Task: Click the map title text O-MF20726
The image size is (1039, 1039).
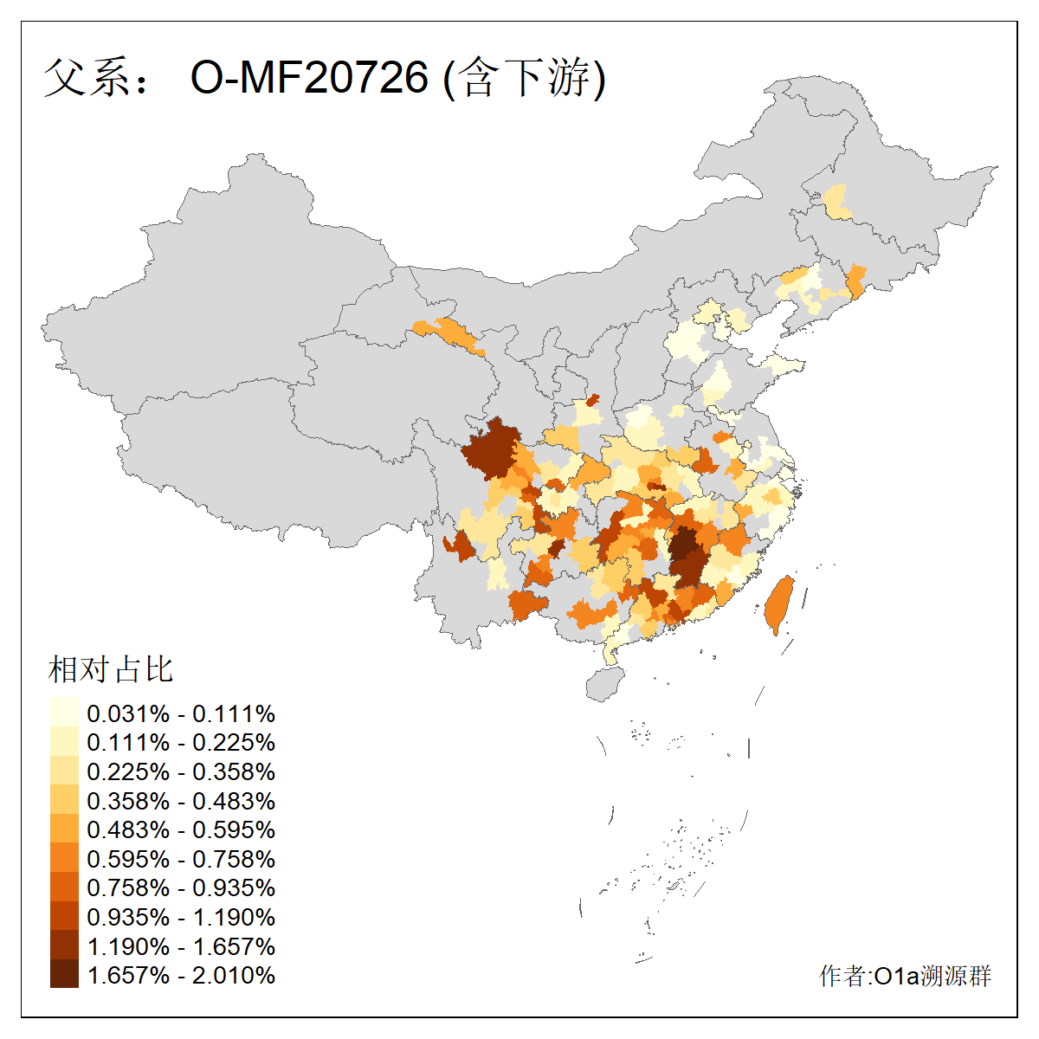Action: (x=309, y=78)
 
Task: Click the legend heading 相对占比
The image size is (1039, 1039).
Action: (x=111, y=669)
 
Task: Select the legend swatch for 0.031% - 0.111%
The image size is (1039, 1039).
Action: (x=64, y=713)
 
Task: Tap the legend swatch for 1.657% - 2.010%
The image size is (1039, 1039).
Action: (x=64, y=975)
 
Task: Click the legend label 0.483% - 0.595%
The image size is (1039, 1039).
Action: (x=181, y=829)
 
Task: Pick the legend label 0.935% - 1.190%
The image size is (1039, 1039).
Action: (x=181, y=917)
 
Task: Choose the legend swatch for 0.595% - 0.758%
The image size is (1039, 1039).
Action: (x=64, y=859)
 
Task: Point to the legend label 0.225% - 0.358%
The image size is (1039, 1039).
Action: (x=181, y=771)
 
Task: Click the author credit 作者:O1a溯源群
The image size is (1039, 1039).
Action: (x=905, y=976)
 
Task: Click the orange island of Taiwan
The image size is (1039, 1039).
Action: (x=778, y=604)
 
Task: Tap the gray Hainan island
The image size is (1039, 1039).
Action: (x=604, y=685)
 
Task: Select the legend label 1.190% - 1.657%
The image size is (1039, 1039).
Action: (x=181, y=946)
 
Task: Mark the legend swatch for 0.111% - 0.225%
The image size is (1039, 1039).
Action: (x=64, y=743)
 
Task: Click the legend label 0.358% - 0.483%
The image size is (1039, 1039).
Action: (x=181, y=801)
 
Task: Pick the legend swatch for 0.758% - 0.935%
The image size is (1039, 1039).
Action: (x=64, y=887)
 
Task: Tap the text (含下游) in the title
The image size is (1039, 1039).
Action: (x=525, y=78)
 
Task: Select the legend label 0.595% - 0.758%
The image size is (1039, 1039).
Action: (x=181, y=859)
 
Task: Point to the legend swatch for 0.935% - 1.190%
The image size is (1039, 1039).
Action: (x=64, y=917)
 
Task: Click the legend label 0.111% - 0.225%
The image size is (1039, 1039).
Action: (x=181, y=743)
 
